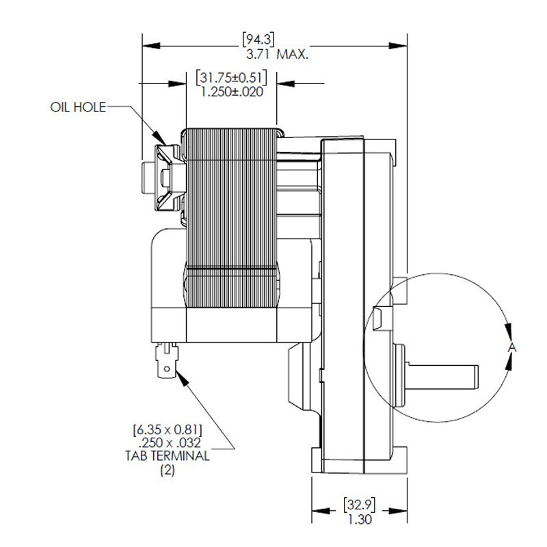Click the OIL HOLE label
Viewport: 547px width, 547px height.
click(x=77, y=108)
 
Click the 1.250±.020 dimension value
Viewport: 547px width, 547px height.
click(x=231, y=91)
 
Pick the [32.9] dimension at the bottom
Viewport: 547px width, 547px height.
click(x=358, y=507)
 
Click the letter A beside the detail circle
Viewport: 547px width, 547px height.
click(x=513, y=348)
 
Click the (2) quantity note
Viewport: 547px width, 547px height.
click(x=167, y=470)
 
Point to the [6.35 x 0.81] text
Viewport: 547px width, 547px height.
click(x=168, y=430)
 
